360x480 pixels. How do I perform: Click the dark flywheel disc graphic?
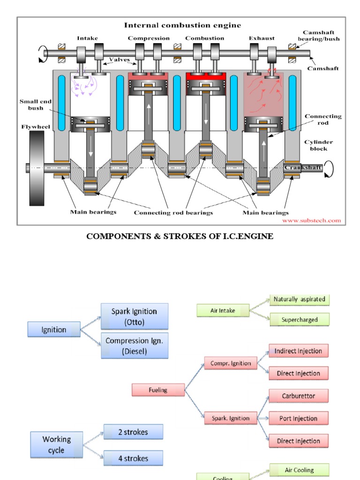click(37, 168)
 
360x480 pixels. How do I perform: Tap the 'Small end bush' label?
click(31, 105)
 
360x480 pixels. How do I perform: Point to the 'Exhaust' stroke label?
click(262, 38)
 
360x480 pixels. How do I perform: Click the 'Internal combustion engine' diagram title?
click(182, 25)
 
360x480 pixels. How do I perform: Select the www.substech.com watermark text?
click(312, 220)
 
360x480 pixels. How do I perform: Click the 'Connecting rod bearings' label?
click(173, 213)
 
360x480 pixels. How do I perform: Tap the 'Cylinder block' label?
click(319, 145)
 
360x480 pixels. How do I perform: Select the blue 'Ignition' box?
click(54, 330)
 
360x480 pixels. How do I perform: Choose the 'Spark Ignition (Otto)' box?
click(134, 316)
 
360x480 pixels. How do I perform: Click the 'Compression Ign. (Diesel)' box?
click(134, 346)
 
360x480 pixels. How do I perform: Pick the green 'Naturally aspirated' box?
click(299, 300)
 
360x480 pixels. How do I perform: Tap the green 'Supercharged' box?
click(299, 320)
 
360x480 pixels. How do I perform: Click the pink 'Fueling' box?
click(158, 390)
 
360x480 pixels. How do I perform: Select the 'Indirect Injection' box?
click(298, 351)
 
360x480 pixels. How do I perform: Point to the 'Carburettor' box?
click(298, 396)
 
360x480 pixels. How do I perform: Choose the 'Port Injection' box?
click(298, 419)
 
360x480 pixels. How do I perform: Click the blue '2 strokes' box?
click(133, 432)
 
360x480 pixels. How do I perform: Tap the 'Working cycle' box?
click(57, 445)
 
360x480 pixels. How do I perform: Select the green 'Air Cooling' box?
click(299, 470)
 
